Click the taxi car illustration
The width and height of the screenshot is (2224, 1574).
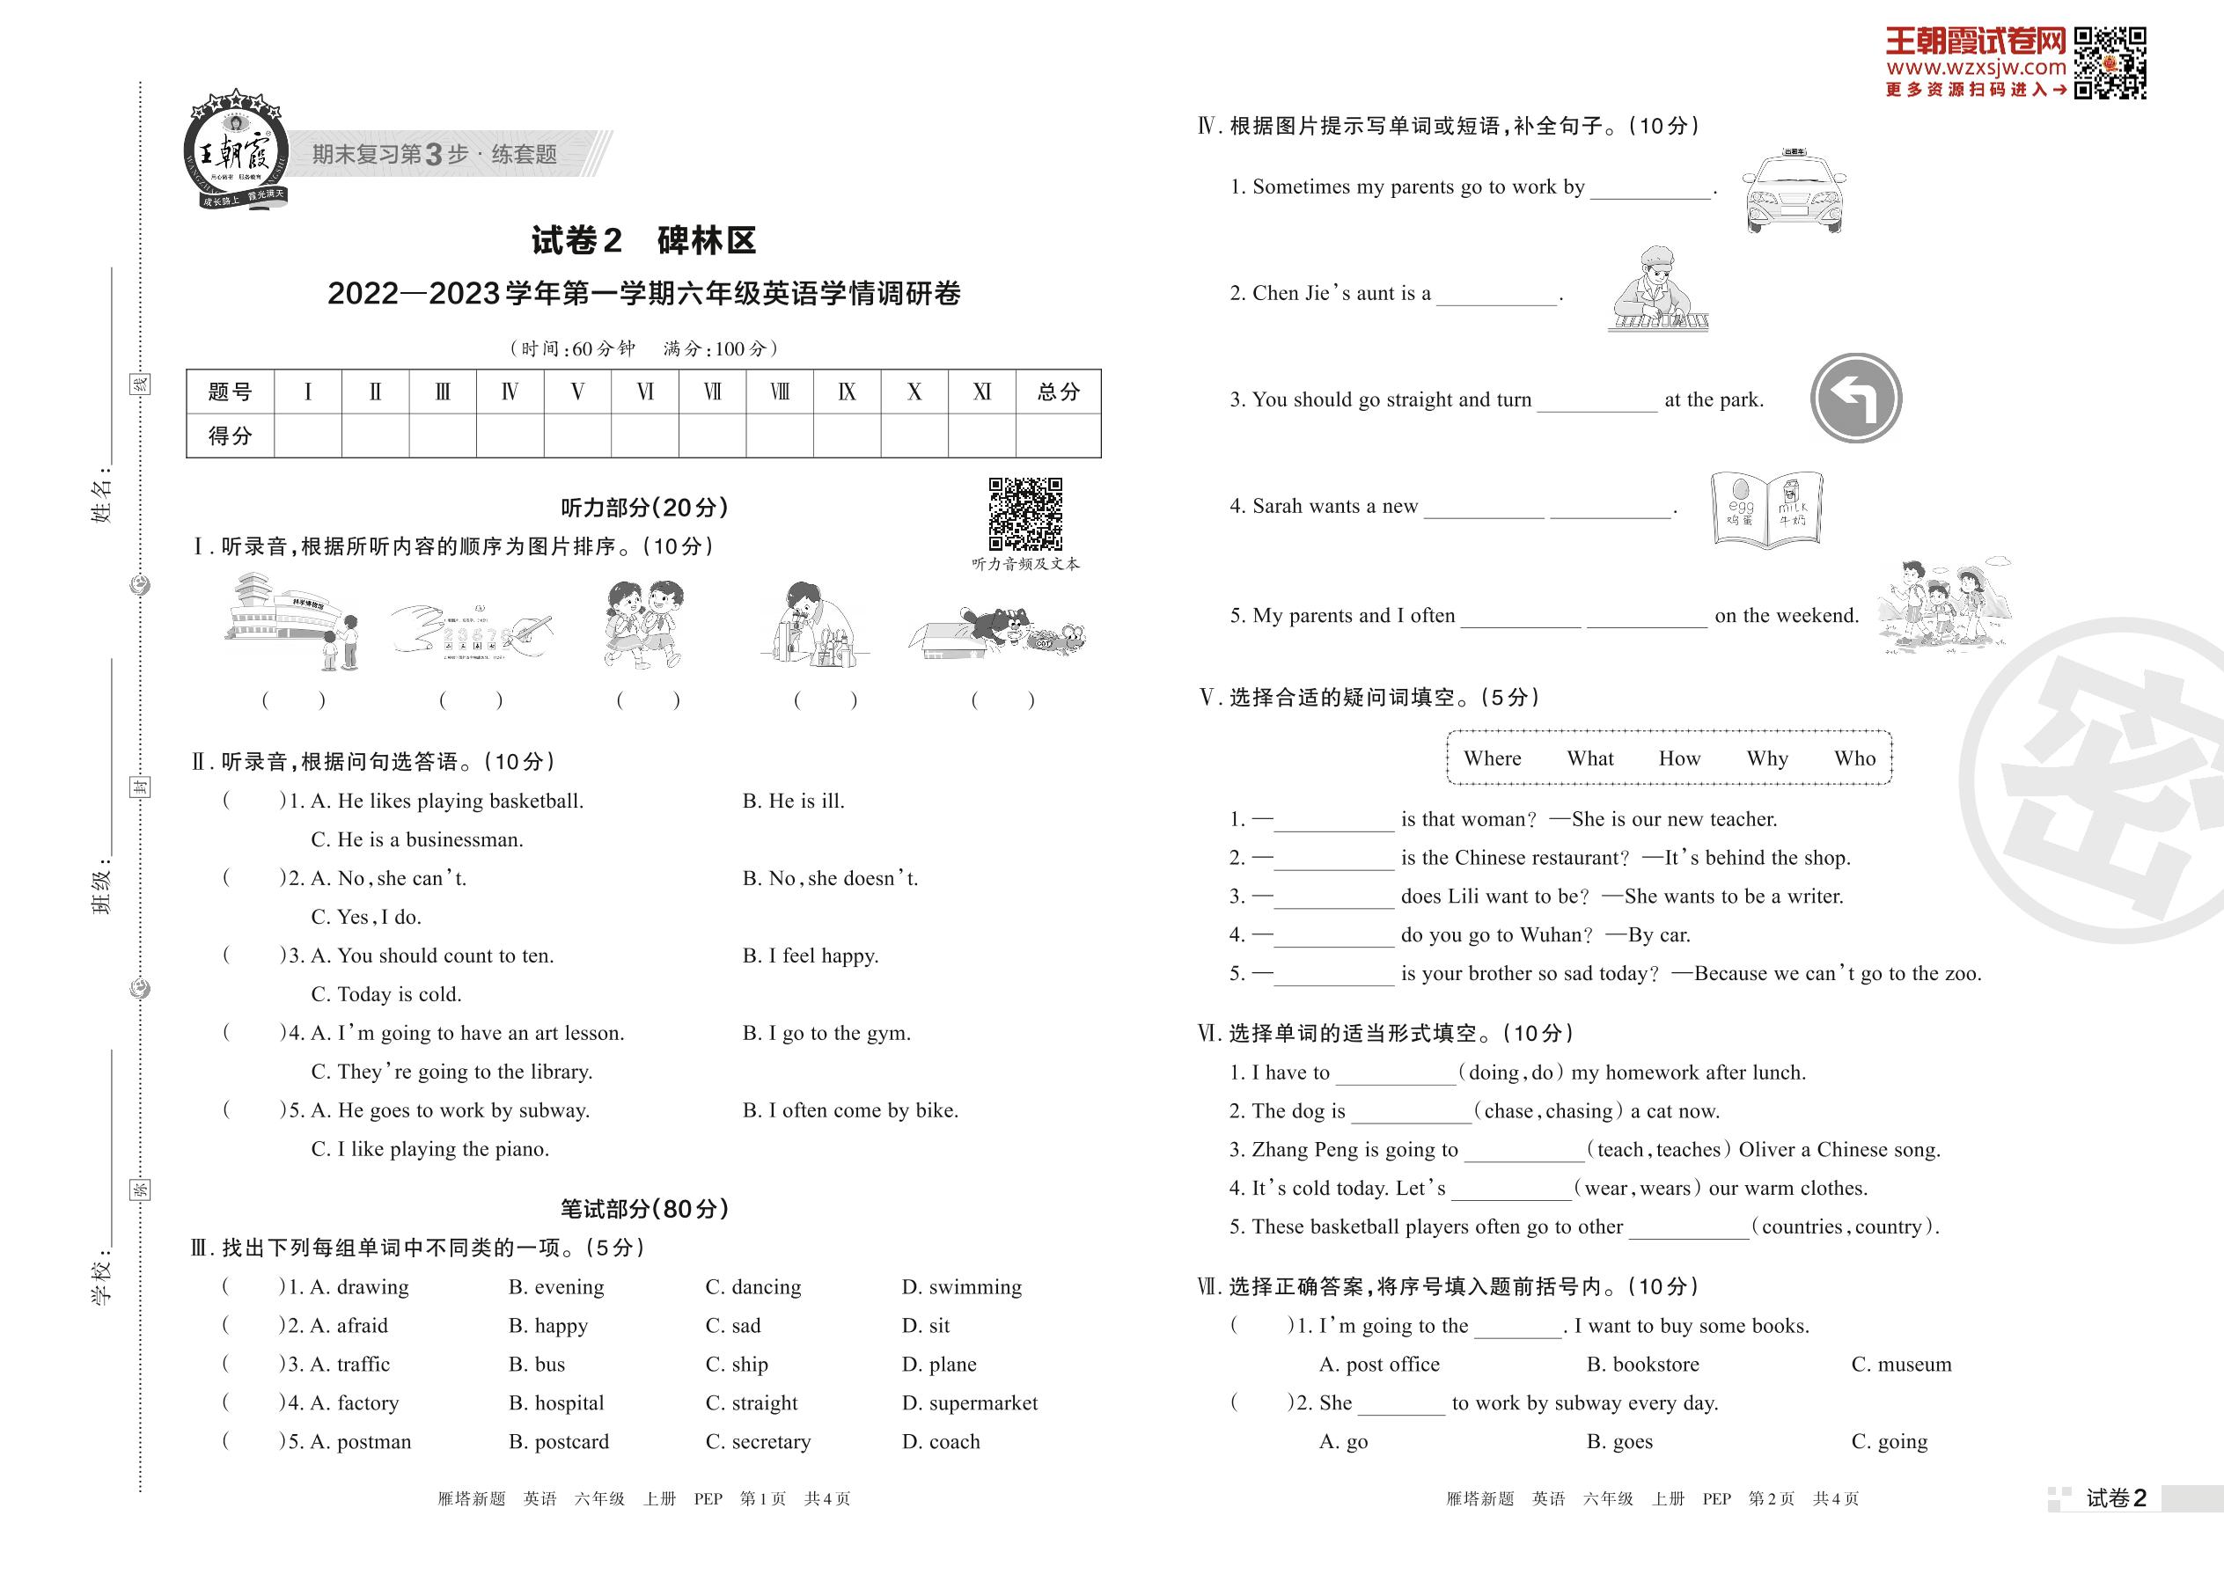pos(1793,193)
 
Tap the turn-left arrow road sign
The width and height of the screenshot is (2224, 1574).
pos(1855,399)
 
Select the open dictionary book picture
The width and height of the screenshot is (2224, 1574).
pos(1766,509)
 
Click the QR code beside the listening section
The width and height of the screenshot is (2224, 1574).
pos(1024,514)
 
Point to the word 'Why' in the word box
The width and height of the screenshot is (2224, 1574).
pos(1766,759)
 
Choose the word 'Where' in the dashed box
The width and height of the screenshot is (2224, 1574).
pos(1492,759)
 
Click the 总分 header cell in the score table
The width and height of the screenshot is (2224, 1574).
pos(1058,392)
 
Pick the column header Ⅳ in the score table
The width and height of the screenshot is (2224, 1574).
pos(510,392)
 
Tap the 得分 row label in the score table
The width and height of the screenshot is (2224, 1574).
pos(230,436)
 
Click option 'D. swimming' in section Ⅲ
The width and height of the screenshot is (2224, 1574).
pos(962,1287)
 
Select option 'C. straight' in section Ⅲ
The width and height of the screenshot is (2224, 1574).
pos(752,1403)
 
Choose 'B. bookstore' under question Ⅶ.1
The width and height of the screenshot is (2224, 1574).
pos(1642,1365)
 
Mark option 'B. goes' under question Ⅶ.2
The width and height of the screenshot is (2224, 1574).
pos(1619,1442)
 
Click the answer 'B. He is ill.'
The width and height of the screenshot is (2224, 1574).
pos(793,802)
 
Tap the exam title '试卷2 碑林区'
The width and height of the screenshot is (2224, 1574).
pos(643,240)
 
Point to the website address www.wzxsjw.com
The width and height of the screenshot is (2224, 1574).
pos(1976,68)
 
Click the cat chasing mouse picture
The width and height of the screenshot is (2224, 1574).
pos(998,631)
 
